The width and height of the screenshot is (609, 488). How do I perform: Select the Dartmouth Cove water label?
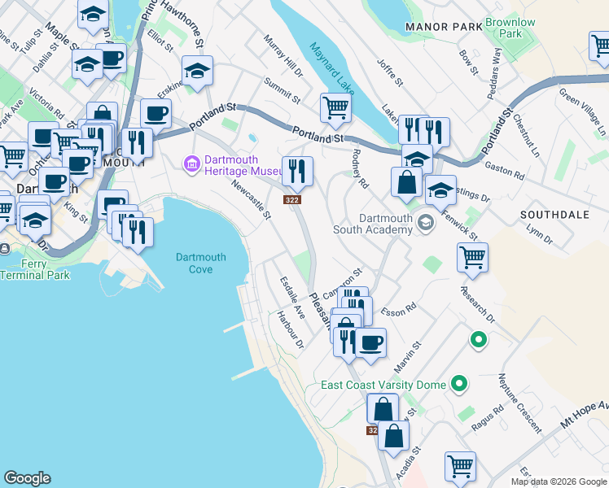tap(195, 264)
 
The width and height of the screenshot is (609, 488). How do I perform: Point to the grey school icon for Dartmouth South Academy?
tap(425, 222)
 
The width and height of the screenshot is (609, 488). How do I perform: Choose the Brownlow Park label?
tap(510, 28)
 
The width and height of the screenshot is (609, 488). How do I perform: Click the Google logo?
tap(27, 478)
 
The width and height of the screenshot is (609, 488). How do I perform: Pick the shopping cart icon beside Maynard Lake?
tap(335, 107)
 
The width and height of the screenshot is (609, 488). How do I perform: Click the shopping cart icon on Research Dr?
tap(472, 258)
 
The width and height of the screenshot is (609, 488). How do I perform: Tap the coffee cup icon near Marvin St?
tap(371, 342)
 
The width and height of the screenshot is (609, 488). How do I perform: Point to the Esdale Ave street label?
tap(292, 298)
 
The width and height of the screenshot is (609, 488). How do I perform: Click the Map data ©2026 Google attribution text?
tap(559, 481)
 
